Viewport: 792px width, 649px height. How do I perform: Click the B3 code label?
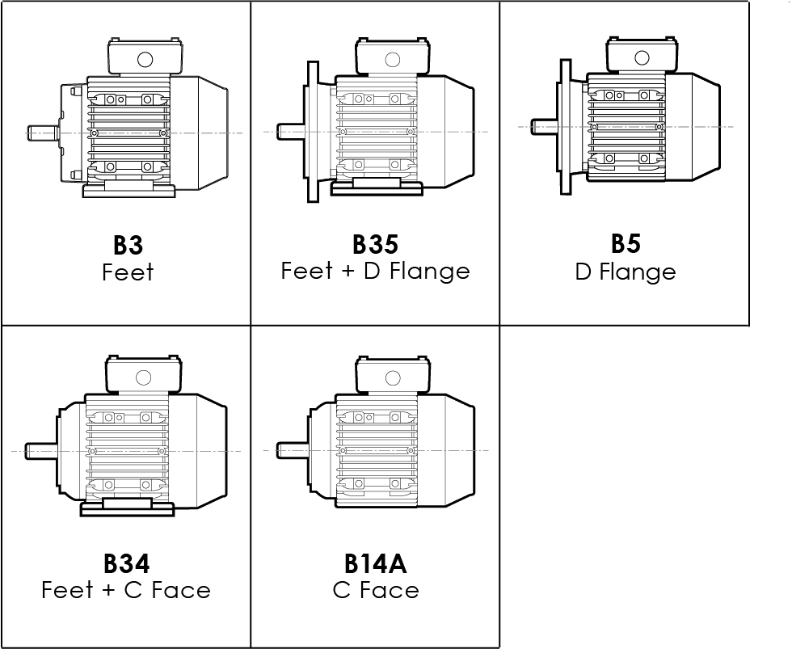pyautogui.click(x=127, y=245)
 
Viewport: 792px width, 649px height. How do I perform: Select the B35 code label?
pyautogui.click(x=375, y=244)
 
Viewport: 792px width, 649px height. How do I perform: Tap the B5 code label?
pyautogui.click(x=626, y=243)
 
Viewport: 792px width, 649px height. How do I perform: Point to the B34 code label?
pyautogui.click(x=126, y=563)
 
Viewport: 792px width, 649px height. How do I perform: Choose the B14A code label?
pyautogui.click(x=376, y=563)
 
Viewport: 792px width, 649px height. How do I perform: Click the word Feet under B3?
pyautogui.click(x=128, y=272)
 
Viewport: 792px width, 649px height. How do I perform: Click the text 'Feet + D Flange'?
pyautogui.click(x=375, y=271)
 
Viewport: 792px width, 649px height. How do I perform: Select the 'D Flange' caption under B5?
pyautogui.click(x=626, y=272)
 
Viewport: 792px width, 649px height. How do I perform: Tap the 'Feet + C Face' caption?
pyautogui.click(x=126, y=590)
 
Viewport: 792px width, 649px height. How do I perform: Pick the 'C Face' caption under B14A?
pyautogui.click(x=376, y=590)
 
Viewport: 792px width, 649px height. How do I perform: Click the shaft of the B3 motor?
pyautogui.click(x=40, y=133)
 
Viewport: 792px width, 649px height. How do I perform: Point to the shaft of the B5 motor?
pyautogui.click(x=543, y=126)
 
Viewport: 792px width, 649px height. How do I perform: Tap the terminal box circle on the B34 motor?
pyautogui.click(x=144, y=377)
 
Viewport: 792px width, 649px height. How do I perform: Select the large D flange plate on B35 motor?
pyautogui.click(x=311, y=131)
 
